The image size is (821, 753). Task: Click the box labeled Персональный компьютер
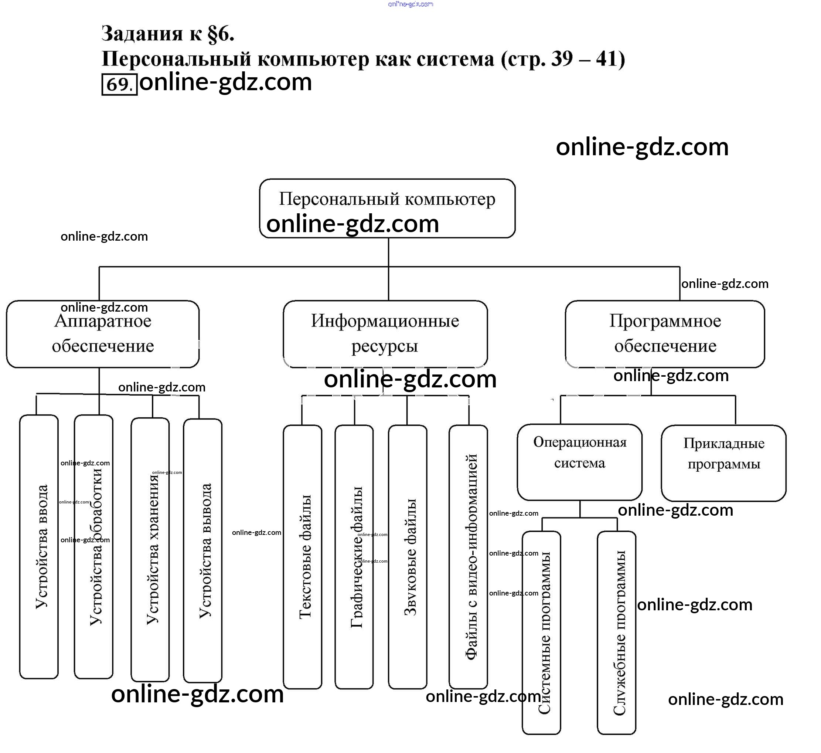click(387, 200)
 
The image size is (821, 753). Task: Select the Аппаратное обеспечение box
click(103, 334)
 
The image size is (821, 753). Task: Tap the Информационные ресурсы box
click(385, 334)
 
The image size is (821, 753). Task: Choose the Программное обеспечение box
click(665, 334)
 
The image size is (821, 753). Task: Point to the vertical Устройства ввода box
click(39, 546)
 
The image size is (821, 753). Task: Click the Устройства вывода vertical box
click(203, 550)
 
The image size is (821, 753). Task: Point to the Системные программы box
click(542, 632)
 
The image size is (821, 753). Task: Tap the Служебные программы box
click(617, 632)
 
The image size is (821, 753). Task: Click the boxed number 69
click(119, 84)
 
